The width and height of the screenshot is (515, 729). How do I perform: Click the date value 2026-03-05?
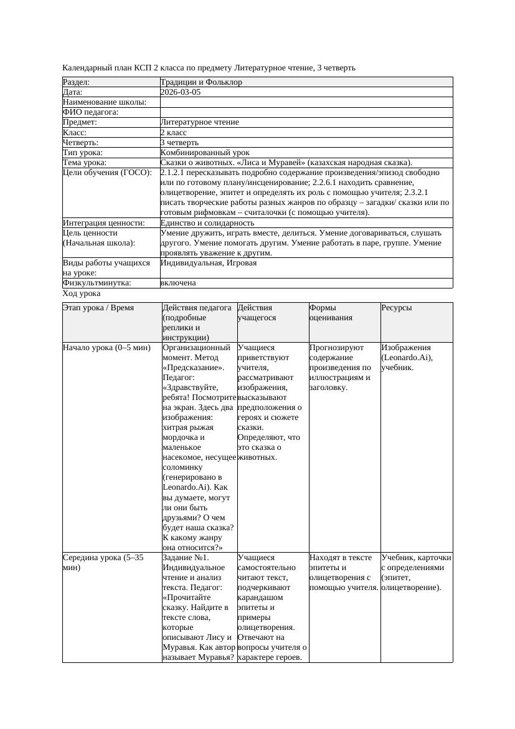point(181,92)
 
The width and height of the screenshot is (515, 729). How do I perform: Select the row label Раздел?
point(77,82)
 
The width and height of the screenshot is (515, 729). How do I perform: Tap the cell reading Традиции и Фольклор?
point(201,82)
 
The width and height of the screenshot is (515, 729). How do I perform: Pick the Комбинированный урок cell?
point(205,153)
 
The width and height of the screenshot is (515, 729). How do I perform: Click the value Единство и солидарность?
point(207,223)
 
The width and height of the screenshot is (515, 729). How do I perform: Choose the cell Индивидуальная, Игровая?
point(209,263)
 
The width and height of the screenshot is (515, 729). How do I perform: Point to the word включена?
point(178,283)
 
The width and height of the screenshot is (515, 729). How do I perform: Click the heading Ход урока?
point(82,293)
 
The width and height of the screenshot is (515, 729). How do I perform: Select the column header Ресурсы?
point(397,308)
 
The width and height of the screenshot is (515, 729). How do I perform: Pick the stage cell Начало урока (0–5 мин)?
point(106,348)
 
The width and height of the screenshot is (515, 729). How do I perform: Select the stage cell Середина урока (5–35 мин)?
point(103,563)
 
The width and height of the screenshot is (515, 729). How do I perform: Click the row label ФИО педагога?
point(91,112)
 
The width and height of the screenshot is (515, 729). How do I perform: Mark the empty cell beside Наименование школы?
point(306,102)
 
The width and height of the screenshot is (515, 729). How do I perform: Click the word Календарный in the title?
point(85,67)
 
